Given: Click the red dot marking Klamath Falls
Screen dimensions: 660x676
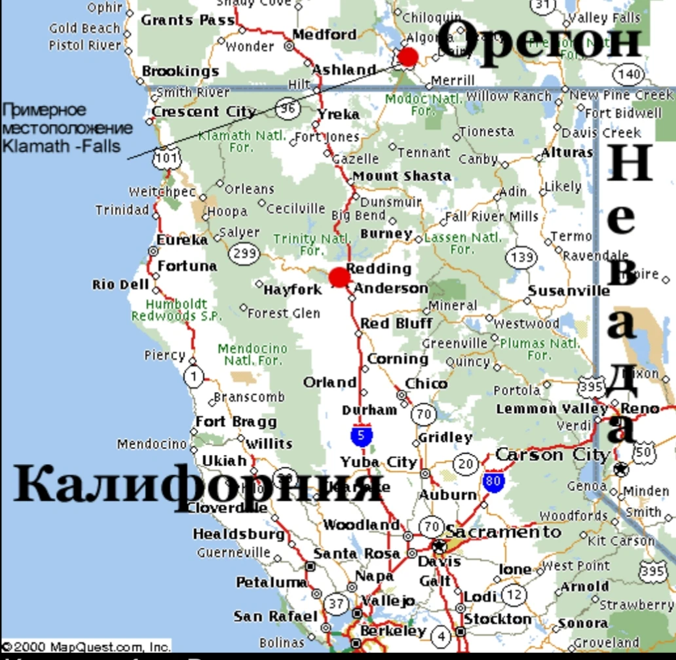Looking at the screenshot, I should pyautogui.click(x=408, y=57).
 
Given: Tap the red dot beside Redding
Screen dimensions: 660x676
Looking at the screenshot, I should pyautogui.click(x=339, y=277).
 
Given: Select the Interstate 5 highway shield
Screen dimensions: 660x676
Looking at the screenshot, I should pyautogui.click(x=362, y=435).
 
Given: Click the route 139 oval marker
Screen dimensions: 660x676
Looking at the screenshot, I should pyautogui.click(x=521, y=256).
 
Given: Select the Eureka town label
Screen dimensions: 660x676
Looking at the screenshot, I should pyautogui.click(x=181, y=240).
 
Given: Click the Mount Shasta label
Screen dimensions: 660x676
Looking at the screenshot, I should pyautogui.click(x=402, y=176).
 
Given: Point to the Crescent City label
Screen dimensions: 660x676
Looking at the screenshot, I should pyautogui.click(x=204, y=112).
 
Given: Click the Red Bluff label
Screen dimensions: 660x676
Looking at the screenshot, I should pyautogui.click(x=396, y=323).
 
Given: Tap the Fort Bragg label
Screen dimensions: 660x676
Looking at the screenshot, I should pyautogui.click(x=236, y=421).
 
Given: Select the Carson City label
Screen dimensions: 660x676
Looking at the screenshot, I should pyautogui.click(x=552, y=454).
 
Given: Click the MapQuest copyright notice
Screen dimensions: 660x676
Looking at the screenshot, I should pyautogui.click(x=86, y=646).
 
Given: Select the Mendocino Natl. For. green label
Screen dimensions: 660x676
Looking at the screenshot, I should pyautogui.click(x=252, y=354).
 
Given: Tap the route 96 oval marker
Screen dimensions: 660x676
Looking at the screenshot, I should pyautogui.click(x=287, y=109).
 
